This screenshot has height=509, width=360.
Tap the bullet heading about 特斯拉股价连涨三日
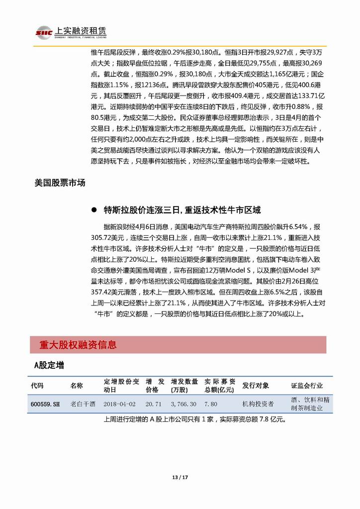[x=182, y=209]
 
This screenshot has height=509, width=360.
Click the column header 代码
[x=37, y=386]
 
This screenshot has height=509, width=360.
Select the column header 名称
[x=77, y=386]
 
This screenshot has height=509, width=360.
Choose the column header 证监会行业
[x=307, y=386]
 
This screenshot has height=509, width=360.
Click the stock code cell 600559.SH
[x=45, y=404]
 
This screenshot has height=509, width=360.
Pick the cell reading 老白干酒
[x=83, y=404]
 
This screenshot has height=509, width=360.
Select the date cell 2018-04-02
[x=120, y=404]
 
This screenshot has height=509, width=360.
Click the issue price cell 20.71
[x=153, y=404]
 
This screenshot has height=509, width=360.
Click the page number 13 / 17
[x=180, y=478]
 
